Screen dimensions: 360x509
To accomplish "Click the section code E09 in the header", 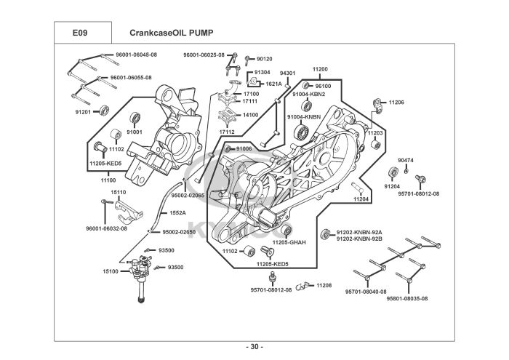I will (81, 33).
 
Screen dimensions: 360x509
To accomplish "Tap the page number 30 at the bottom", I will (254, 346).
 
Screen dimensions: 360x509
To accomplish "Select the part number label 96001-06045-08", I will (137, 55).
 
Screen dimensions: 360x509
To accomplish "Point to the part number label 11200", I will (320, 70).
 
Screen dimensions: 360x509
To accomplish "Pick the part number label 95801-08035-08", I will (407, 298).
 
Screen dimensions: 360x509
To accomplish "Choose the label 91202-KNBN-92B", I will (359, 239).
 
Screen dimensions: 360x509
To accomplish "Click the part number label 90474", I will (405, 160).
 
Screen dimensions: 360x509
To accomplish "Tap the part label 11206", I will (396, 103).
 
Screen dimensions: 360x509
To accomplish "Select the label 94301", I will (287, 73).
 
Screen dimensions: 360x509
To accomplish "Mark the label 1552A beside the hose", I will (177, 213).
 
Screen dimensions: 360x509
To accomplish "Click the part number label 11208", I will (324, 286).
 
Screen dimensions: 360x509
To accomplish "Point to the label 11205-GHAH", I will (289, 241).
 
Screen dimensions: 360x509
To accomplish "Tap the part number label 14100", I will (251, 115).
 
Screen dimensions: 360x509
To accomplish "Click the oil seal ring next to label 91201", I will (105, 111).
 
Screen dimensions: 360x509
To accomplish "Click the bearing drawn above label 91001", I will (135, 119).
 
